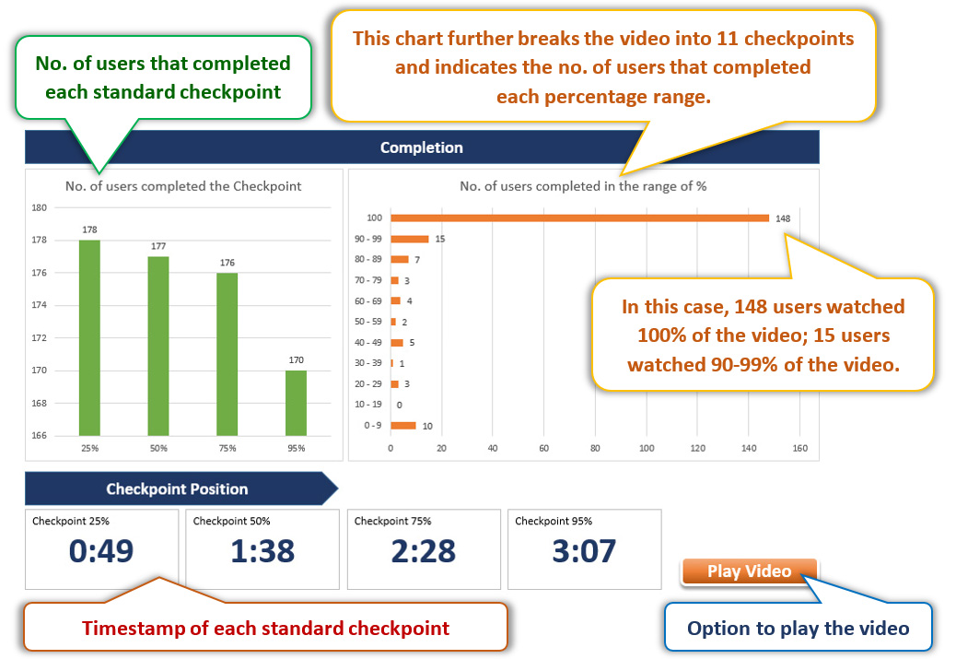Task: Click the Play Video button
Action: click(749, 571)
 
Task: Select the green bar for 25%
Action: click(89, 338)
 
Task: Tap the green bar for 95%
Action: click(297, 404)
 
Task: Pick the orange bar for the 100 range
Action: click(580, 218)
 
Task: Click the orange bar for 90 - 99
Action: click(410, 239)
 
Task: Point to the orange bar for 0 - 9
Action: click(403, 426)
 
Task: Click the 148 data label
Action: click(783, 218)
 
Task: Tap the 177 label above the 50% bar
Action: click(158, 246)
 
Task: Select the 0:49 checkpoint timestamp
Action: click(101, 551)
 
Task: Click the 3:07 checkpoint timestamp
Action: click(584, 551)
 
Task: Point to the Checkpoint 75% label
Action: click(392, 521)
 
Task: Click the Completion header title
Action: click(421, 147)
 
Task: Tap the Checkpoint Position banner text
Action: click(177, 488)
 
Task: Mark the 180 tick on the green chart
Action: click(39, 207)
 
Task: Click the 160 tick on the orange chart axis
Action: click(800, 448)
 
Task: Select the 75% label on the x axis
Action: click(227, 448)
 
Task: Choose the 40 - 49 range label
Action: click(368, 342)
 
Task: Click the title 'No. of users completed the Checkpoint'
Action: click(183, 186)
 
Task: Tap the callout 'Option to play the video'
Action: click(799, 628)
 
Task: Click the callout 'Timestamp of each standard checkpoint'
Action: click(266, 628)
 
